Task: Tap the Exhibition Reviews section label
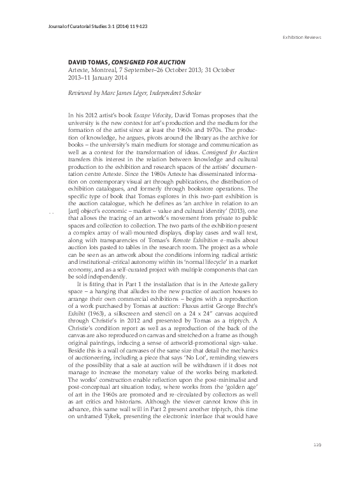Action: point(301,38)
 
